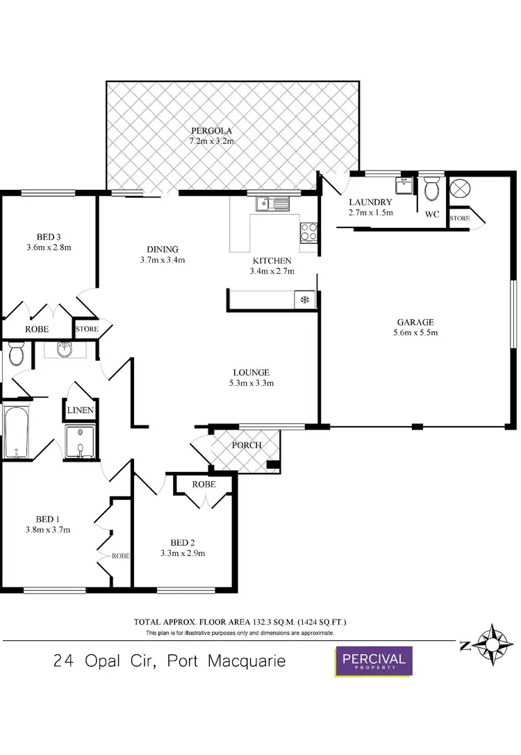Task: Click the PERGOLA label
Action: [x=212, y=131]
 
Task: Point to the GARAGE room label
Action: [x=415, y=322]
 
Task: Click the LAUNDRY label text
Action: [x=370, y=202]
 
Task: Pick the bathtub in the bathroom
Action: [x=15, y=432]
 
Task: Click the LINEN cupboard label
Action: [x=81, y=410]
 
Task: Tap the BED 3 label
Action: [x=49, y=235]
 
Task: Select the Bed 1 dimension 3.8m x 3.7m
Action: [x=48, y=530]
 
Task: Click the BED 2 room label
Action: [x=183, y=543]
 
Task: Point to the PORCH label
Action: [x=247, y=445]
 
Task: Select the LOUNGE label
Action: [x=251, y=372]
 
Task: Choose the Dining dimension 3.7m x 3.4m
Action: [x=163, y=261]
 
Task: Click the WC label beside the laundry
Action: [x=431, y=214]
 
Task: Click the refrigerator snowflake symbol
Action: [x=304, y=300]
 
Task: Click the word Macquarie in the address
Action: [x=246, y=660]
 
